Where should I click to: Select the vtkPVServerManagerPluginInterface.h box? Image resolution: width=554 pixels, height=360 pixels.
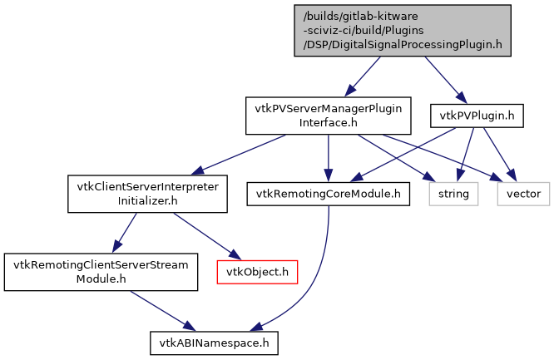tap(328, 116)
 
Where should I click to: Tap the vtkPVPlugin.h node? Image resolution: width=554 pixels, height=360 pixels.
tap(476, 116)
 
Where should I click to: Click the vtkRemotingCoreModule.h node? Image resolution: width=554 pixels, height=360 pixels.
tap(329, 194)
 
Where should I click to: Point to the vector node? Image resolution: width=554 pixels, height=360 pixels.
tap(523, 194)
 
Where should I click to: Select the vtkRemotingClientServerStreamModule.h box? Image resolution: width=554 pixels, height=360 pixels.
tap(101, 272)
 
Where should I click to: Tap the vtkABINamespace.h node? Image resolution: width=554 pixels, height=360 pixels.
tap(213, 342)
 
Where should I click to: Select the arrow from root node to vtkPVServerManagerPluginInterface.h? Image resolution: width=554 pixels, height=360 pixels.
tap(367, 76)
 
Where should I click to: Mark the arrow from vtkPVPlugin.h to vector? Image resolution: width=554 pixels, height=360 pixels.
tap(499, 155)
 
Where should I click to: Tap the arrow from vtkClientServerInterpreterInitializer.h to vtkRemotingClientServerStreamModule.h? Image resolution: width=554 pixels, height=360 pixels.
tap(125, 233)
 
